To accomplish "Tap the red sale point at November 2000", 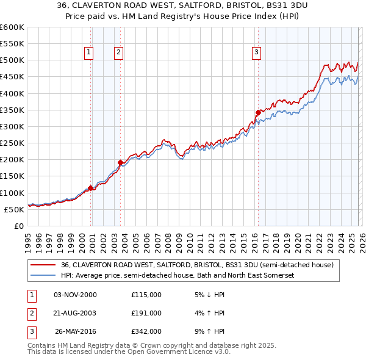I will pos(91,188).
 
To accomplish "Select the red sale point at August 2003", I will pos(120,162).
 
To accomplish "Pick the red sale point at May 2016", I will pos(258,112).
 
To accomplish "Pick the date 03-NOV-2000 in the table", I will pos(75,295).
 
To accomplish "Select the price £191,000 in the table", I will pos(146,313).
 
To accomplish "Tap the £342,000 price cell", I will pos(146,331).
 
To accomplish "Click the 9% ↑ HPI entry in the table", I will pos(209,331).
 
